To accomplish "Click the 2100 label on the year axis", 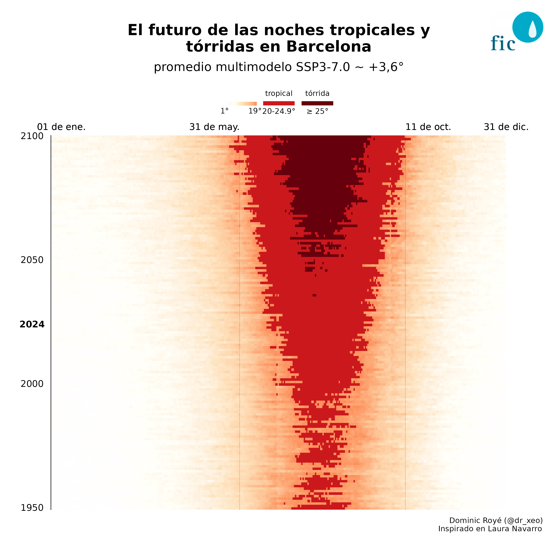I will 32,136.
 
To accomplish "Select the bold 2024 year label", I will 32,324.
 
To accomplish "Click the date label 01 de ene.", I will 61,127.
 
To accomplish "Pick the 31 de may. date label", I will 214,127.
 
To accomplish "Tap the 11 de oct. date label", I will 428,127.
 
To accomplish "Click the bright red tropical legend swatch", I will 279,103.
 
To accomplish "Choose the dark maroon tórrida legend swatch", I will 317,103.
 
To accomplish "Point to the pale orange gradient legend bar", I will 241,104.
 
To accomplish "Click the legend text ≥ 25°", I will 317,111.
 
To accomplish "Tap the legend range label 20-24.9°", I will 279,111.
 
